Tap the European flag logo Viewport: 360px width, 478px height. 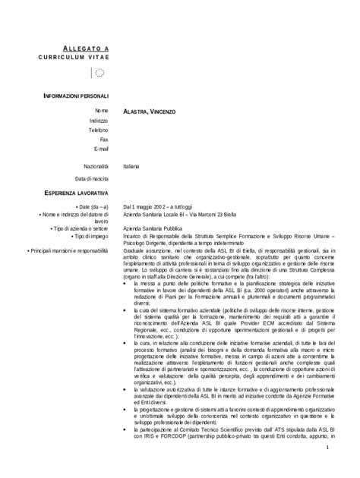coord(99,74)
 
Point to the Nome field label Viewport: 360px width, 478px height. coord(102,112)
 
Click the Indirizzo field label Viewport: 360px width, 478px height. coord(99,121)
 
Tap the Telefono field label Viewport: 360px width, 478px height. coord(98,130)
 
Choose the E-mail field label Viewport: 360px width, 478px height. coord(100,148)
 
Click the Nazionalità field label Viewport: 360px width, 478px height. coord(95,165)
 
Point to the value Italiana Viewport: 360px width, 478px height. coord(131,165)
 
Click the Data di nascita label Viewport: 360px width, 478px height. coord(92,178)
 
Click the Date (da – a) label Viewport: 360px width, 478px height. coord(92,207)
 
